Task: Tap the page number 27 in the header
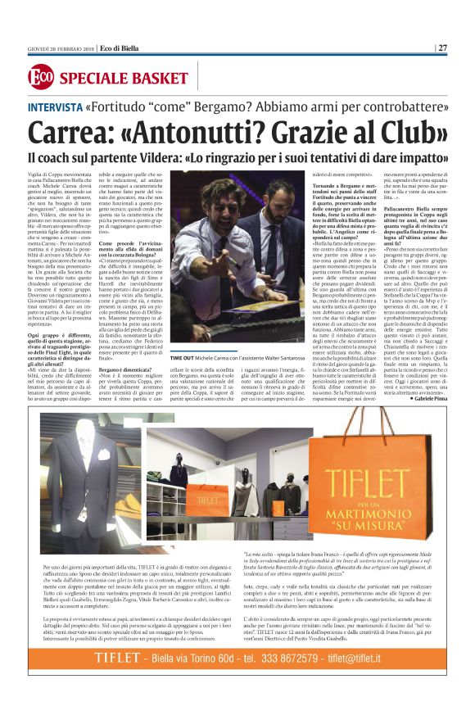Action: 441,48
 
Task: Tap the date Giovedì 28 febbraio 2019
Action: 61,48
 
